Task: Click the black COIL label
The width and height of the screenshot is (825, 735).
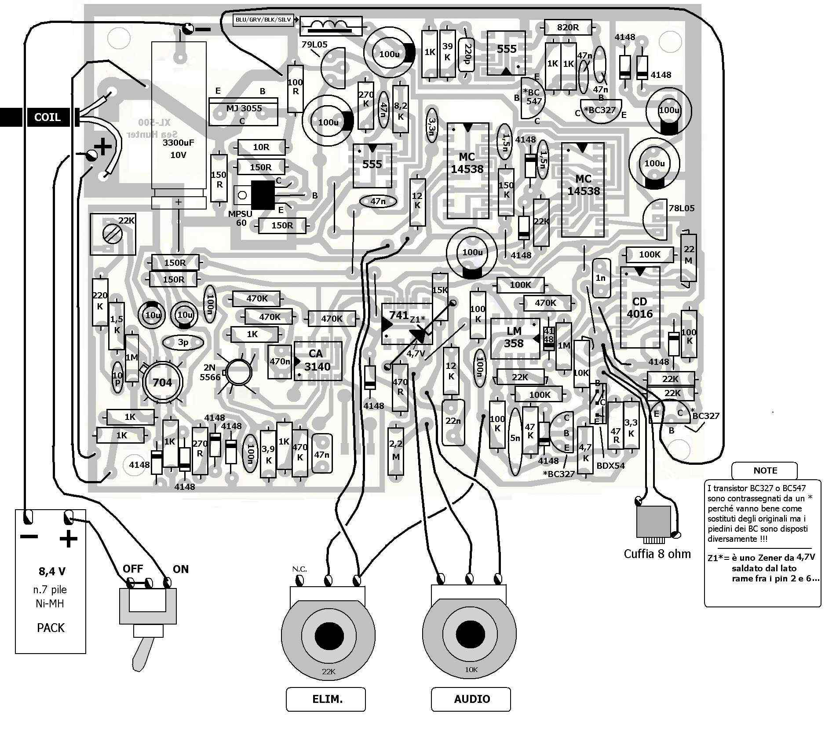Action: pyautogui.click(x=47, y=118)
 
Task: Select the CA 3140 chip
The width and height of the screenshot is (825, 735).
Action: pyautogui.click(x=318, y=361)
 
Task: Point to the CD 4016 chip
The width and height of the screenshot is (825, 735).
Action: pyautogui.click(x=640, y=308)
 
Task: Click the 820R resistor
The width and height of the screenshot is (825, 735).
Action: pyautogui.click(x=568, y=27)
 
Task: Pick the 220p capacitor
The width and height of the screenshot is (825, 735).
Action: pyautogui.click(x=467, y=54)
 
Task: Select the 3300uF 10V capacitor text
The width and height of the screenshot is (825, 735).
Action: pyautogui.click(x=178, y=148)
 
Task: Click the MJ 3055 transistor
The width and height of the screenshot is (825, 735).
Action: pyautogui.click(x=244, y=112)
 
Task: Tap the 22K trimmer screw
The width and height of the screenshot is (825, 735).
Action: pyautogui.click(x=112, y=234)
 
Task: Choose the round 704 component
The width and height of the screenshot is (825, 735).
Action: pyautogui.click(x=162, y=382)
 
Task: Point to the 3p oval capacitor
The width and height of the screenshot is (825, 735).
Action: pyautogui.click(x=183, y=342)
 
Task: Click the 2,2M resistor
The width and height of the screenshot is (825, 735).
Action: pyautogui.click(x=396, y=451)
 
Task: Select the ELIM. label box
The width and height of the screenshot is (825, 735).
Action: pyautogui.click(x=326, y=699)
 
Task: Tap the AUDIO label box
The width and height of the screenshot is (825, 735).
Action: pyautogui.click(x=471, y=699)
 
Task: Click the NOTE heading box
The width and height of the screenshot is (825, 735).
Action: pyautogui.click(x=765, y=470)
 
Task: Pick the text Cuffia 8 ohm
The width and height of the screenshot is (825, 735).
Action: pyautogui.click(x=657, y=554)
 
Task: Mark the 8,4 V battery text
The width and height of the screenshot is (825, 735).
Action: pyautogui.click(x=52, y=571)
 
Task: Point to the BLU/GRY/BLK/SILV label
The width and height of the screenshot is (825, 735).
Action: pyautogui.click(x=263, y=20)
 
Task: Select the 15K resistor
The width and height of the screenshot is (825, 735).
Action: pyautogui.click(x=440, y=290)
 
